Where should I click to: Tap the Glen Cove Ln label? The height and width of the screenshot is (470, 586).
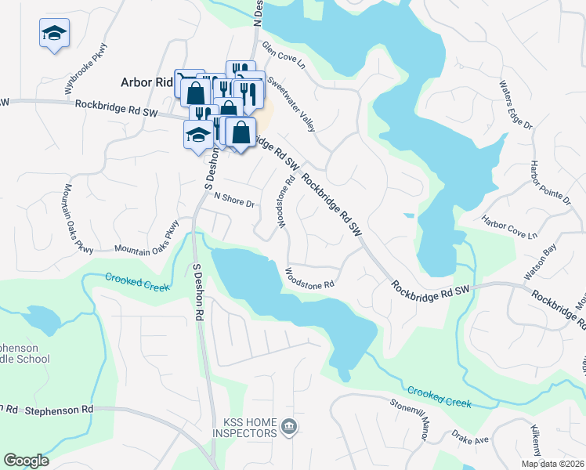tap(284, 59)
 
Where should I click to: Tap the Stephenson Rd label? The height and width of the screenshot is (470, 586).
tap(59, 410)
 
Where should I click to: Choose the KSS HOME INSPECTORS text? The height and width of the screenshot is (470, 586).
tap(244, 428)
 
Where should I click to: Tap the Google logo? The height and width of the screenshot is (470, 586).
tap(26, 461)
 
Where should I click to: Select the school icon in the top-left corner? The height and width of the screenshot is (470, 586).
tap(54, 34)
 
